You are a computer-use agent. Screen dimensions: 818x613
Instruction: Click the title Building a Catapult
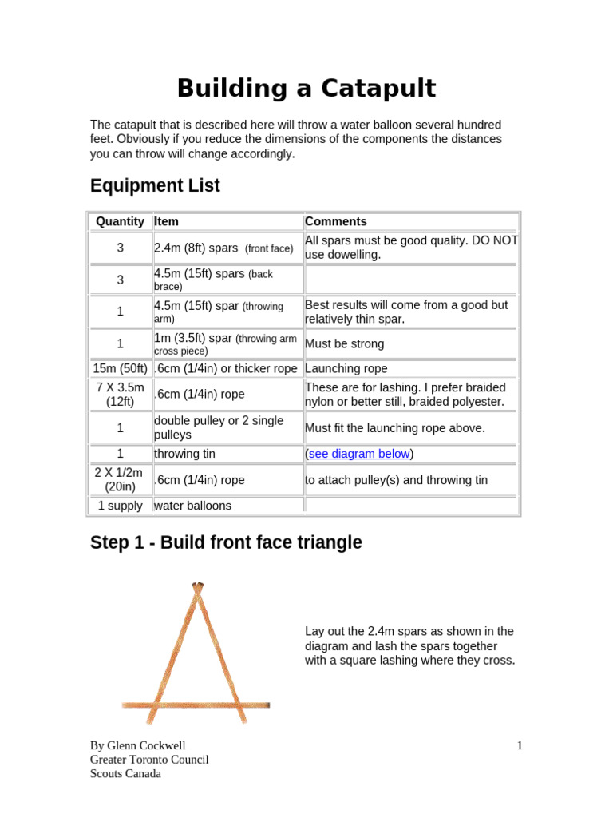[x=306, y=88]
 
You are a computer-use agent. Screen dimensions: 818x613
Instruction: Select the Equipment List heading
[x=155, y=186]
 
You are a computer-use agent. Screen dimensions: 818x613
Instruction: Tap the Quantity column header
[x=120, y=221]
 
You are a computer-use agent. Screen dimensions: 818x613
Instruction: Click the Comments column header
[x=336, y=221]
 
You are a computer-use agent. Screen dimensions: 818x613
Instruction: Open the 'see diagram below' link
[x=359, y=454]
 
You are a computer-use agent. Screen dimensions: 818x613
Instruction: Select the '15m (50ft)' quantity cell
[x=120, y=368]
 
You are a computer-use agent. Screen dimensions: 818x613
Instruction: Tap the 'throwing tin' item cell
[x=184, y=454]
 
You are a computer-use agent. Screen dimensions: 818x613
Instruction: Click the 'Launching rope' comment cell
[x=346, y=368]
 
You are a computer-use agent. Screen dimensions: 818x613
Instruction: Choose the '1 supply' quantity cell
[x=120, y=506]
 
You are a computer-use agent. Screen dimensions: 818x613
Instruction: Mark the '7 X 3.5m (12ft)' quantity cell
[x=120, y=394]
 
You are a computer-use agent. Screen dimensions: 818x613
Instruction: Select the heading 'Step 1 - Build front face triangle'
[x=226, y=542]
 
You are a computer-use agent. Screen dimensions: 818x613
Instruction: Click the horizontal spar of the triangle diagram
[x=196, y=705]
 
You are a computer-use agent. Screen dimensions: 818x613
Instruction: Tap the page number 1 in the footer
[x=520, y=746]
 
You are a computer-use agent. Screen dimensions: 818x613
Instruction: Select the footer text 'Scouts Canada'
[x=125, y=773]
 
